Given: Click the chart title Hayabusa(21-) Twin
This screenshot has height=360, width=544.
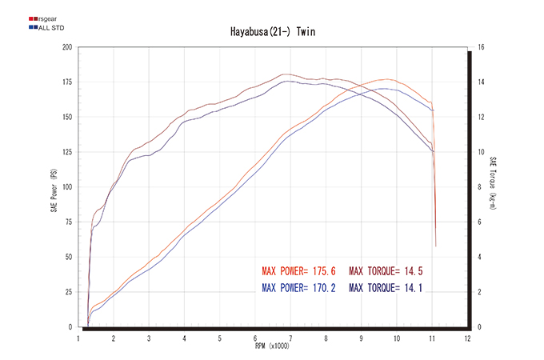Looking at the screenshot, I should coord(271,33).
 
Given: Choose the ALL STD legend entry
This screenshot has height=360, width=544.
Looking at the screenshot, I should coord(46,27).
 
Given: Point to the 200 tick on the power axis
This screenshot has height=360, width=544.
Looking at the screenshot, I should coord(67,47).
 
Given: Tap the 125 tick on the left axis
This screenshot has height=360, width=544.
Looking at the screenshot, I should coord(67,152).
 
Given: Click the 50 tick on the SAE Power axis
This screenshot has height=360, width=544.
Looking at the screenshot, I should coord(69,258).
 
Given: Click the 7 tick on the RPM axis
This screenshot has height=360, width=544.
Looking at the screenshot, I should coord(290,338).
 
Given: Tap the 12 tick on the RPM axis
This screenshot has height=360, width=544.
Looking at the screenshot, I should coord(467,338).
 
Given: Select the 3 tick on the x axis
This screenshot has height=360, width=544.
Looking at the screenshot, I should coord(149,338).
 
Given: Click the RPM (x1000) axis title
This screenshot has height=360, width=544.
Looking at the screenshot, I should coord(271,346).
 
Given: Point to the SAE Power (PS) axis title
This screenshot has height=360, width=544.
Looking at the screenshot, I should coord(54,188).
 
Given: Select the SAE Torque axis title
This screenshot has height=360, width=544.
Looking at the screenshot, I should coord(494,184).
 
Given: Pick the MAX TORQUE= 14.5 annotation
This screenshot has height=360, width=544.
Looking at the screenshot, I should coord(385,270).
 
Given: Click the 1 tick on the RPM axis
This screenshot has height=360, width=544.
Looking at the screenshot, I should coord(78,338).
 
